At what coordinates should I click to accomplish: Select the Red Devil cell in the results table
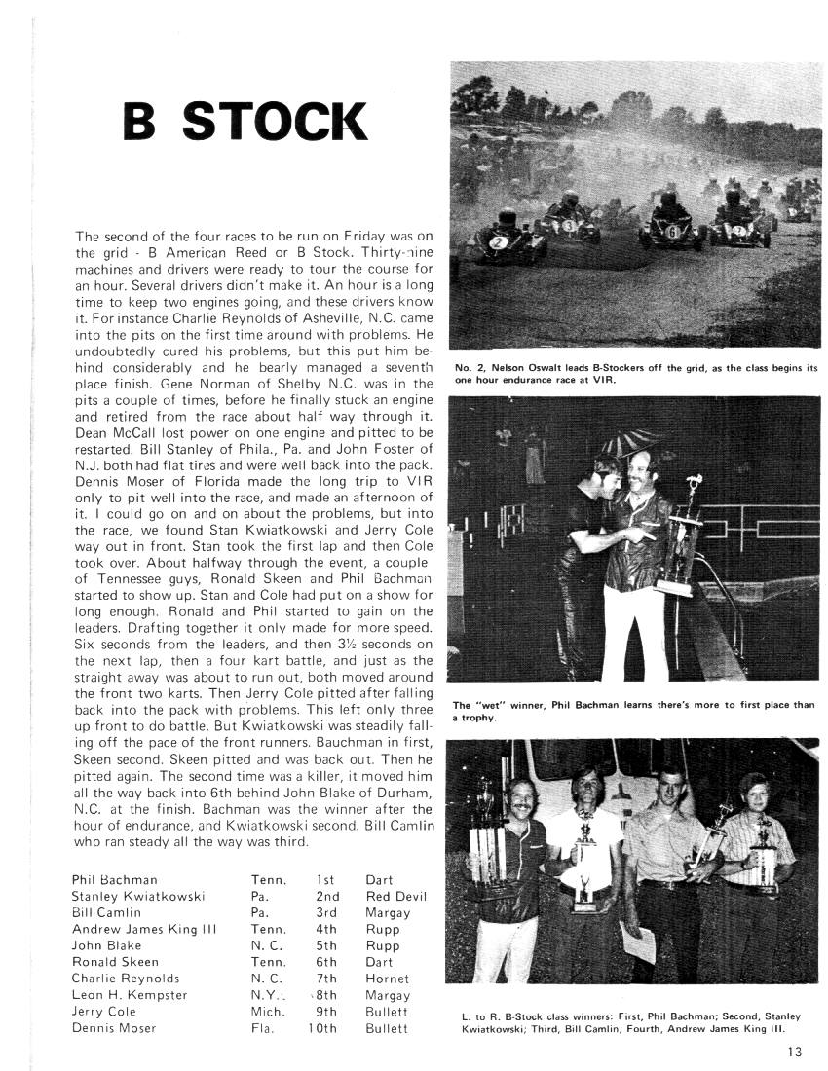click(x=396, y=896)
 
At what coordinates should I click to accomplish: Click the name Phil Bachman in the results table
click(x=115, y=879)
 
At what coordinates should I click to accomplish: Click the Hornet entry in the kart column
click(x=388, y=979)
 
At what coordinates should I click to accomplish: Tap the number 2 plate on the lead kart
click(x=498, y=240)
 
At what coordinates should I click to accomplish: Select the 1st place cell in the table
click(x=325, y=879)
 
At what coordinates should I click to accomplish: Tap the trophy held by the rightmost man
click(x=765, y=857)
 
